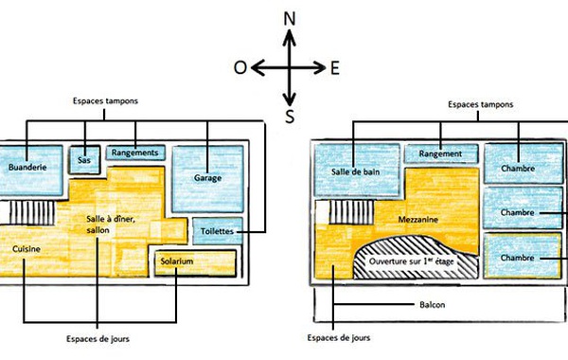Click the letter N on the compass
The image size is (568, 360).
pyautogui.click(x=290, y=19)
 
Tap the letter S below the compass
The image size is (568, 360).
pyautogui.click(x=290, y=117)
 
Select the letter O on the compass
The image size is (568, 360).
pyautogui.click(x=240, y=67)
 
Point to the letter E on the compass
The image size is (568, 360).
pyautogui.click(x=335, y=68)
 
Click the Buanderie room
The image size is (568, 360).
pyautogui.click(x=30, y=171)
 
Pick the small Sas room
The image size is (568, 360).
pyautogui.click(x=84, y=160)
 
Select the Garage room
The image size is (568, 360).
pyautogui.click(x=207, y=179)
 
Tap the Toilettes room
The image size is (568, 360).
pyautogui.click(x=218, y=231)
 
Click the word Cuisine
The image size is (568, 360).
pyautogui.click(x=27, y=249)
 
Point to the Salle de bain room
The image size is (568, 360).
pyautogui.click(x=357, y=171)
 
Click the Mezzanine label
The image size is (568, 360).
pyautogui.click(x=418, y=220)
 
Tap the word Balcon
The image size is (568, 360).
pyautogui.click(x=433, y=304)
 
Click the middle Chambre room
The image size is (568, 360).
pyautogui.click(x=523, y=208)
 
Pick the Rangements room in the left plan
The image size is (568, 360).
pyautogui.click(x=135, y=153)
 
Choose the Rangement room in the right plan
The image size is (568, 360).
pyautogui.click(x=441, y=153)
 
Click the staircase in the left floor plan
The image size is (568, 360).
pyautogui.click(x=32, y=212)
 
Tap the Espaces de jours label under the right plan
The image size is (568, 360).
pyautogui.click(x=339, y=338)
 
